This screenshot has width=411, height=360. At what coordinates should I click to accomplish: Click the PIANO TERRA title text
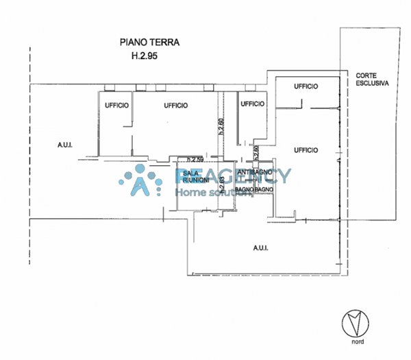(147, 42)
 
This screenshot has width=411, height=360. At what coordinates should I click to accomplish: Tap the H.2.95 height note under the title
(145, 57)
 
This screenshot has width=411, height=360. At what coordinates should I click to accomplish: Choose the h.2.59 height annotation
(187, 160)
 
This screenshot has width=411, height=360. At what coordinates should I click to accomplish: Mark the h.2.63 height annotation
(222, 182)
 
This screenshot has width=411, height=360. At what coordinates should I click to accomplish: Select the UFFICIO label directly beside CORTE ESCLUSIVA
(306, 86)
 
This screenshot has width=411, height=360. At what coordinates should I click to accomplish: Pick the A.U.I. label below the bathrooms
(261, 248)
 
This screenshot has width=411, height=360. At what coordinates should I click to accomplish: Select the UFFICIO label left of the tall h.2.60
(176, 104)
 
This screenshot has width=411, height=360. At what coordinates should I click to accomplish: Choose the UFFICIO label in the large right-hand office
(306, 149)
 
